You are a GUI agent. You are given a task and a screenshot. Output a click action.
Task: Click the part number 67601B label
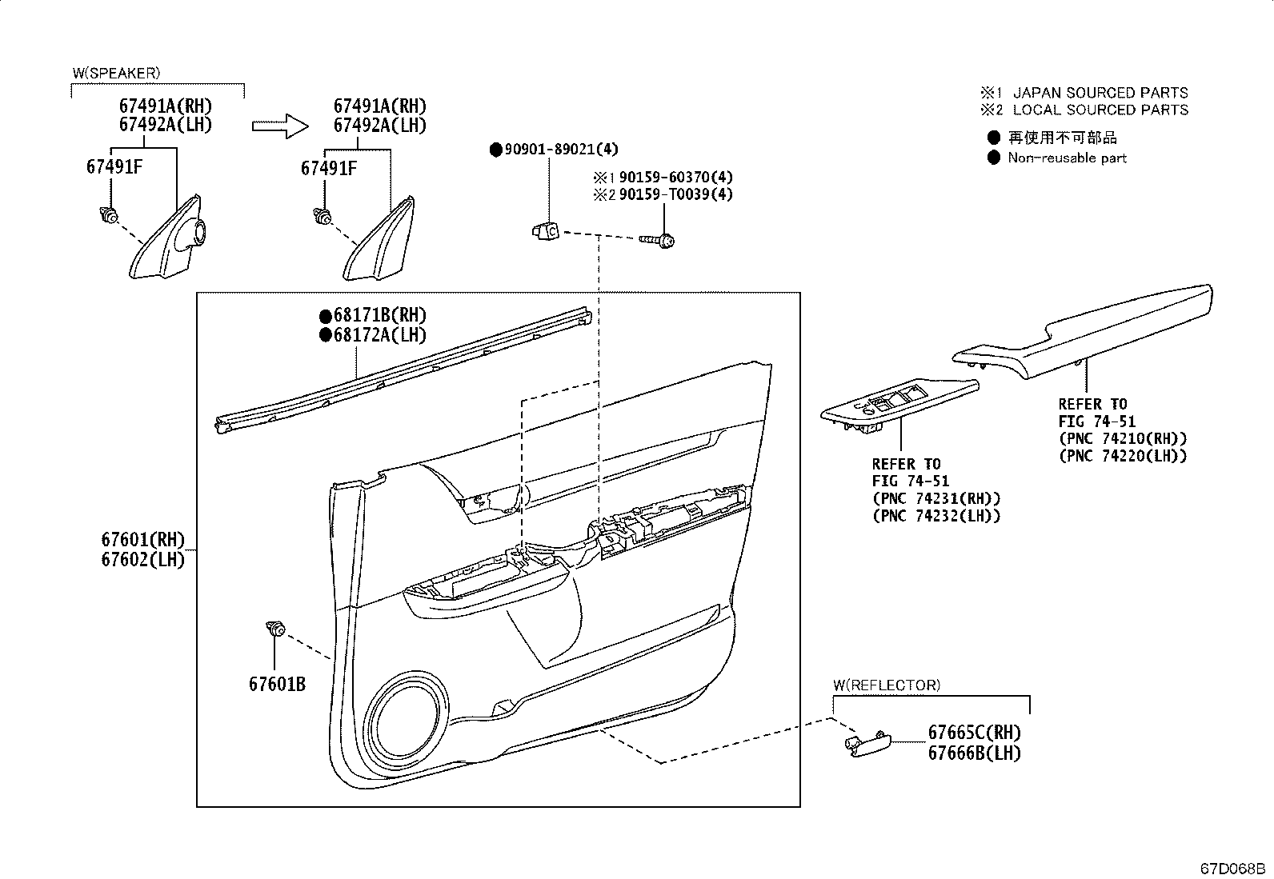tap(277, 684)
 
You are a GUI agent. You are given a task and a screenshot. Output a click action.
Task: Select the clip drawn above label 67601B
tap(274, 629)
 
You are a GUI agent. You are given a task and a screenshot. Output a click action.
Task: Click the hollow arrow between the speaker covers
tap(279, 126)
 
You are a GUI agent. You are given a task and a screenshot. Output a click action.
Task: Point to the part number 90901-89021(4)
tap(560, 149)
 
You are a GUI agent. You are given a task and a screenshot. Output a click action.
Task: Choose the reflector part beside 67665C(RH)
tap(867, 742)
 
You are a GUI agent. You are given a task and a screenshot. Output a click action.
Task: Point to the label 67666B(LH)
tap(974, 753)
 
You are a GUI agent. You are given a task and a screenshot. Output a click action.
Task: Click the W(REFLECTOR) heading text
tap(886, 685)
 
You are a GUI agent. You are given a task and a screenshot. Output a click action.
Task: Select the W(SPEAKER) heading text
tap(116, 73)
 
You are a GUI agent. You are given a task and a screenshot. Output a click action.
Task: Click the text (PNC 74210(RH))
tap(1122, 438)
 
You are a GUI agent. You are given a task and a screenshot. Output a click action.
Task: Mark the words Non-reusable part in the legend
tap(1067, 158)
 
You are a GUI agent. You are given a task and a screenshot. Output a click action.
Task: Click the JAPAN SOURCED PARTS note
tap(1100, 93)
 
